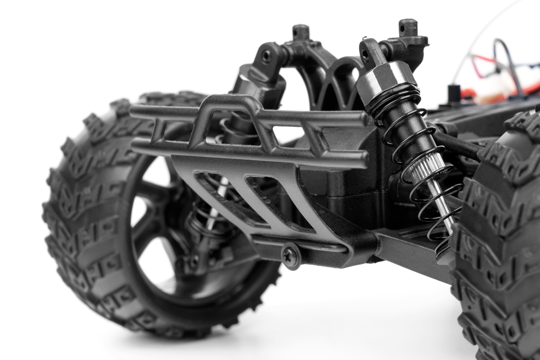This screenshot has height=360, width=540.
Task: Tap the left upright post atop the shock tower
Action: (x=301, y=32)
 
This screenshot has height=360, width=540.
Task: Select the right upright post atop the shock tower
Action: (x=408, y=27)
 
